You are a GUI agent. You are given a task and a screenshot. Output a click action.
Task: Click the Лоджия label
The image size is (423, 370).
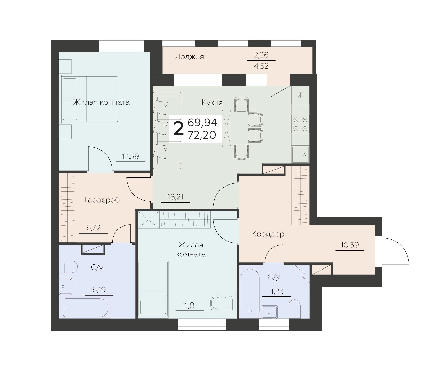(x=189, y=56)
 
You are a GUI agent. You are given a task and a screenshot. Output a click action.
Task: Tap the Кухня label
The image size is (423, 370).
(x=212, y=103)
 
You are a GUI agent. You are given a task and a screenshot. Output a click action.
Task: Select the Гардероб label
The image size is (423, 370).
(x=102, y=200)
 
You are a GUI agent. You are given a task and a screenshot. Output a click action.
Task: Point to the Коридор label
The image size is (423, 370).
(x=268, y=234)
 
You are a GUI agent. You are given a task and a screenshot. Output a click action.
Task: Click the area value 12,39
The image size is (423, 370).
(x=130, y=156)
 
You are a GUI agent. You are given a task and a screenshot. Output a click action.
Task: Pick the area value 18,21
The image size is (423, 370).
(x=175, y=197)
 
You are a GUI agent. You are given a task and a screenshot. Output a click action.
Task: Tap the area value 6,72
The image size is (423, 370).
(x=93, y=228)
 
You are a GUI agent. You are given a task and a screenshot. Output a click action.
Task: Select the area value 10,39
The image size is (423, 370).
(x=350, y=245)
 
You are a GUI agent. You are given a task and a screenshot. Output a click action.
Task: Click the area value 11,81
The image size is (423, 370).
(x=190, y=305)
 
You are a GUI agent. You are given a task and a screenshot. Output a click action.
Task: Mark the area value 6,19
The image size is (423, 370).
(x=99, y=290)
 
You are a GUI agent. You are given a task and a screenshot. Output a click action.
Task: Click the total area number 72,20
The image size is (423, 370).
(x=202, y=135)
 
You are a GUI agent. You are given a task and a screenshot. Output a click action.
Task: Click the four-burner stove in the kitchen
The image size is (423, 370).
(x=300, y=124)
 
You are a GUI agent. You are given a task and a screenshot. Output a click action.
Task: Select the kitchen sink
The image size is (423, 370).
(x=300, y=154)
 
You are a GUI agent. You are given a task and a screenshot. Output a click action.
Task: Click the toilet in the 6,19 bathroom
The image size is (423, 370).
(x=68, y=267)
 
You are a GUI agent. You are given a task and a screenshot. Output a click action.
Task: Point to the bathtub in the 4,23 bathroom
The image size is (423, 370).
(x=250, y=291)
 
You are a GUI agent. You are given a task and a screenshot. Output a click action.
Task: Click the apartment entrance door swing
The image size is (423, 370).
(x=395, y=251)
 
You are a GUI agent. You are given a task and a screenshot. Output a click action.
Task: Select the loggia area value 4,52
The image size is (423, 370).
(x=261, y=66)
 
